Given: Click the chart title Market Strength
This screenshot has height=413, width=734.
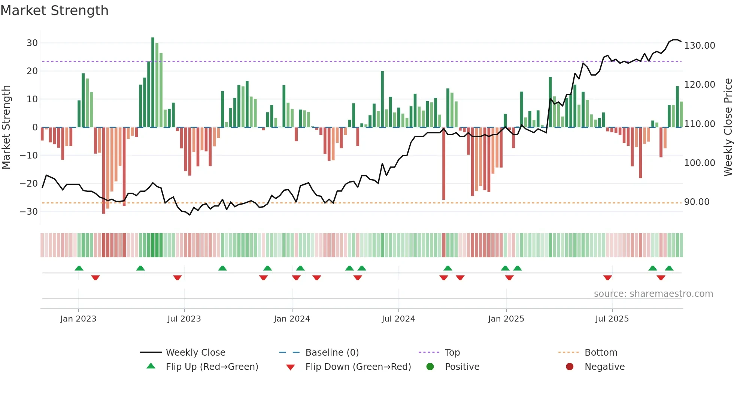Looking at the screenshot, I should tap(54, 10).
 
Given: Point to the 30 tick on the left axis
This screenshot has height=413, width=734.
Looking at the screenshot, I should tap(32, 43).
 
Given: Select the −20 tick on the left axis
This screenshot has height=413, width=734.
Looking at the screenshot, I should tap(29, 184).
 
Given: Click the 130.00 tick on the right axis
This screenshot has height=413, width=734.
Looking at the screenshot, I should tap(699, 46).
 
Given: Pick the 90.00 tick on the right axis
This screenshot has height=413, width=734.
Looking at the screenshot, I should tap(697, 202).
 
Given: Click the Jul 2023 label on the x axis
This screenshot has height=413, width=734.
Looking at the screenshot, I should tap(184, 319).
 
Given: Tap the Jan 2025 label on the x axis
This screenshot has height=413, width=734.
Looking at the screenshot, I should tap(506, 319).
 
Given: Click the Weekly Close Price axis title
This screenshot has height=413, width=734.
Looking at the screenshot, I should tap(728, 127).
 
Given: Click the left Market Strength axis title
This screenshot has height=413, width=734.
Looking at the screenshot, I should tap(6, 127).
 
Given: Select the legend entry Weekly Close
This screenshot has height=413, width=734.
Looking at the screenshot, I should tap(195, 353).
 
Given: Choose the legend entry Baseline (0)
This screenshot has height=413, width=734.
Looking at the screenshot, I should tap(332, 353).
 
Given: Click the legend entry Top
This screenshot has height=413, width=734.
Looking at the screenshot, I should tap(452, 353).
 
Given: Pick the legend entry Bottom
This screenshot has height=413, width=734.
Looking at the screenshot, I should tap(601, 353).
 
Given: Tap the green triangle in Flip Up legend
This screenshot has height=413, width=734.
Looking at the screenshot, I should tap(151, 366).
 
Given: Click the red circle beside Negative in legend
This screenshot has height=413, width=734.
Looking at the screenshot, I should tap(570, 367).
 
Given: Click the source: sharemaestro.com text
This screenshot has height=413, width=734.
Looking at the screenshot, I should tap(653, 294).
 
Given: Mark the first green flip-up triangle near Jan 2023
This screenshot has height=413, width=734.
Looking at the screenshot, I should tap(79, 268).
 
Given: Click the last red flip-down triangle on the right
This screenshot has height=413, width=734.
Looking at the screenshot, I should tap(661, 278).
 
